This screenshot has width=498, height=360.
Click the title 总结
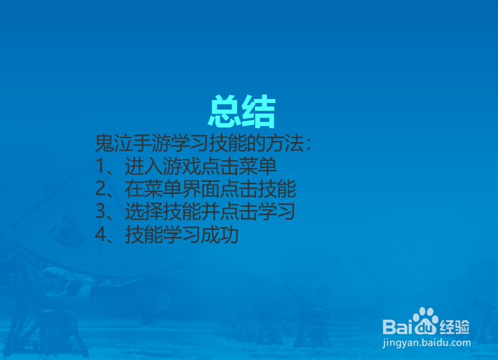242,112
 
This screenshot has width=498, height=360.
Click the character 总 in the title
225,112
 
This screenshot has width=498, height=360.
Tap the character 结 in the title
259,112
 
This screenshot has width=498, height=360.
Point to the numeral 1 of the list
100,166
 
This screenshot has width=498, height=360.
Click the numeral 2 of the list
100,189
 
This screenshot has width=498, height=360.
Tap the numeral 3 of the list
100,213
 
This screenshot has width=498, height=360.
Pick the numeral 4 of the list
100,236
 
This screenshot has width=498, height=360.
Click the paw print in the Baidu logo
426,321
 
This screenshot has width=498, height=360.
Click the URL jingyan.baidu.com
427,343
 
